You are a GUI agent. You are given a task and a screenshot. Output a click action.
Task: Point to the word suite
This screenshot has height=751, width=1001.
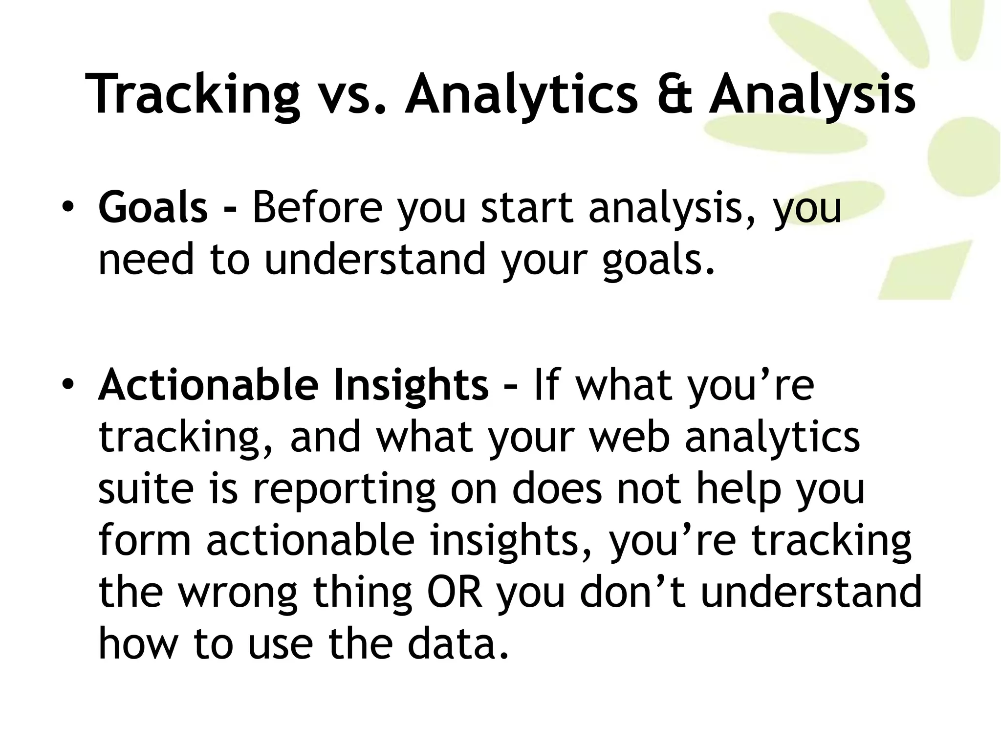click(x=146, y=489)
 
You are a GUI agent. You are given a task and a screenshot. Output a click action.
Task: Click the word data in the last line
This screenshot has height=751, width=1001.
click(x=458, y=644)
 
